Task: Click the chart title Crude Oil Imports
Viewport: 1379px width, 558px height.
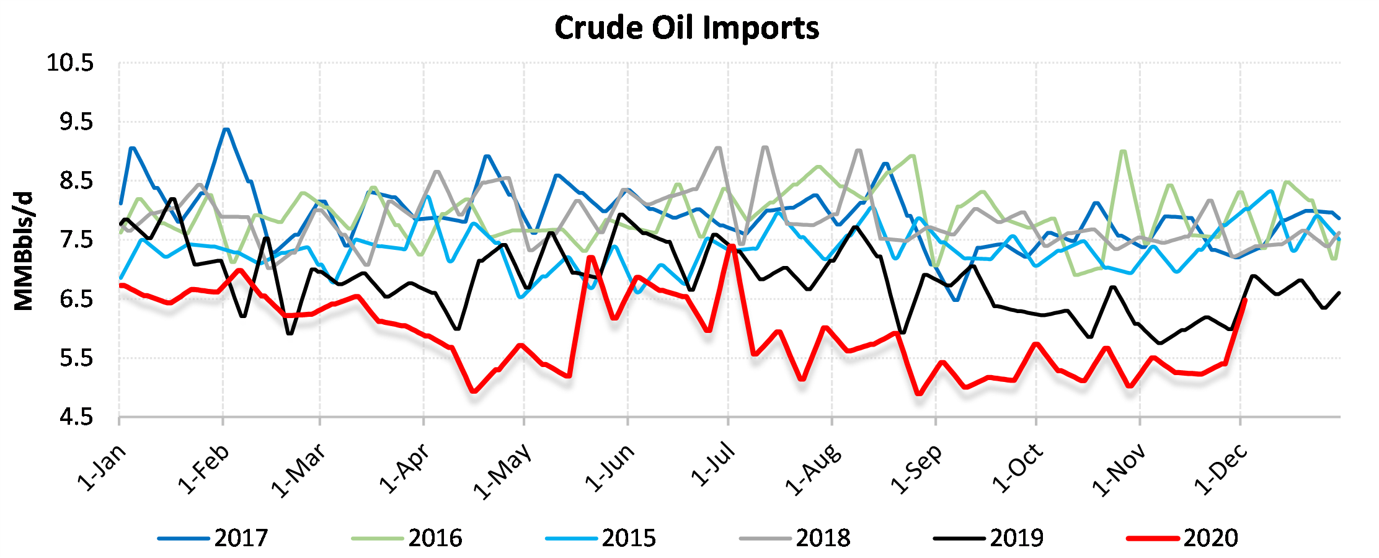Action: [686, 29]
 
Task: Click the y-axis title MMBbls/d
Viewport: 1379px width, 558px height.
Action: [24, 251]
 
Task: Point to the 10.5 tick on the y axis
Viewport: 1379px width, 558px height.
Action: [70, 63]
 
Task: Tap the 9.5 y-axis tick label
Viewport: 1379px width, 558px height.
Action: [76, 122]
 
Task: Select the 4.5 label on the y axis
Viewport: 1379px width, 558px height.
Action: [76, 417]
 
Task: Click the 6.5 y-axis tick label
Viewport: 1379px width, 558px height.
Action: [76, 299]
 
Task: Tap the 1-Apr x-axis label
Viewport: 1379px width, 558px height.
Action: [405, 469]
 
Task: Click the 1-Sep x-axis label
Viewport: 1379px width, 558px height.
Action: [916, 469]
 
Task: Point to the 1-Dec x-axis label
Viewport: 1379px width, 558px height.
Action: [1220, 469]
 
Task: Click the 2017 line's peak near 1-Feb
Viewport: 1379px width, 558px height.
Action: [226, 130]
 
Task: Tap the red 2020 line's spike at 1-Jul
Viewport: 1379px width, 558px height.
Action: [732, 246]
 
